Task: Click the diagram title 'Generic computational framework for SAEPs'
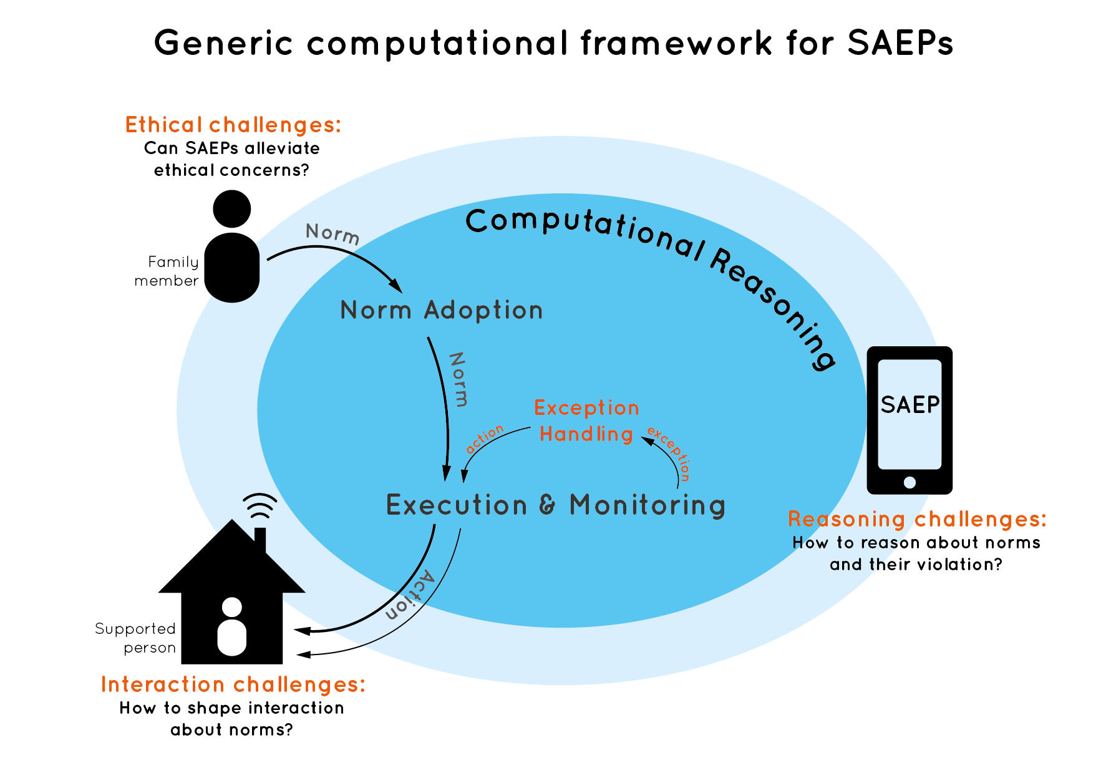click(x=553, y=43)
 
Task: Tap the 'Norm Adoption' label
click(x=441, y=310)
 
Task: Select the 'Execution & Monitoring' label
click(x=556, y=505)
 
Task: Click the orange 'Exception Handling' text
click(x=586, y=421)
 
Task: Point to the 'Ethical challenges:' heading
click(x=233, y=125)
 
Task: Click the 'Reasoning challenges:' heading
click(x=917, y=519)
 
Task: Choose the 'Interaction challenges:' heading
click(x=233, y=684)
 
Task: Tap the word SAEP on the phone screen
click(x=910, y=405)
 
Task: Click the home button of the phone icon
click(x=910, y=482)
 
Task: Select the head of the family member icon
click(x=232, y=209)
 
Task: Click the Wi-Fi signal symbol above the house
click(x=260, y=506)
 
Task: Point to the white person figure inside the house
click(x=232, y=626)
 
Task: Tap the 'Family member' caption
click(x=167, y=271)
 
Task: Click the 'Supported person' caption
click(x=135, y=638)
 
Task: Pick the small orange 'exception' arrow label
click(x=669, y=452)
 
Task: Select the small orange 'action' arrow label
click(x=485, y=439)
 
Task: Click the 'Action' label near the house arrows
click(x=410, y=595)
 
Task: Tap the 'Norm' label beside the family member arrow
click(x=332, y=234)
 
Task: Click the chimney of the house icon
click(x=261, y=540)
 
